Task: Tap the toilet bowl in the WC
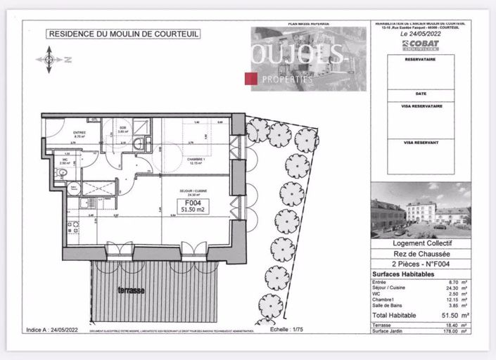tap(74, 186)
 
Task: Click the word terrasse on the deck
tap(132, 290)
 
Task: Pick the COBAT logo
tap(420, 44)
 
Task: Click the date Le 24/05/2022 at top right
tap(420, 33)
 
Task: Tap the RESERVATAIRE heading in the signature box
tap(420, 60)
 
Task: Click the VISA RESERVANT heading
tap(420, 142)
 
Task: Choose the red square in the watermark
tap(249, 79)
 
